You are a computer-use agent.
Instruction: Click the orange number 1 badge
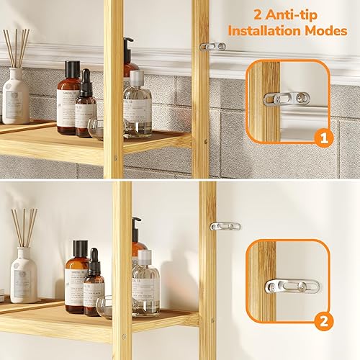click(x=325, y=138)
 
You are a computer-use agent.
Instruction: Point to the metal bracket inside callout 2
click(x=291, y=286)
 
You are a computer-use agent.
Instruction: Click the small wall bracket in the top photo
click(x=213, y=46)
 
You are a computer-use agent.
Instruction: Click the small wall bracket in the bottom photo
click(x=225, y=226)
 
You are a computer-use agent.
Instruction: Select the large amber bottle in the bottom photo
click(x=76, y=278)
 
